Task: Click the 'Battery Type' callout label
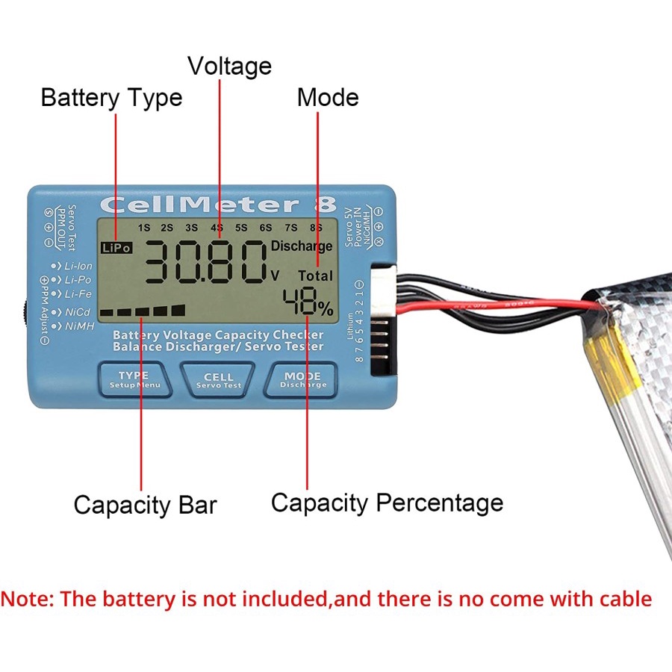(111, 98)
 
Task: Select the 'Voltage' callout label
(229, 66)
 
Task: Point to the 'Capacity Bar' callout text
(145, 505)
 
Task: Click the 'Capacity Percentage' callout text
(387, 503)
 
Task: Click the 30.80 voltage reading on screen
(204, 264)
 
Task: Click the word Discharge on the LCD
(301, 246)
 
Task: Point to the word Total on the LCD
(315, 276)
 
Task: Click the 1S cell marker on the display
(144, 227)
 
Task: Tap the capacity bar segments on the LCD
(143, 311)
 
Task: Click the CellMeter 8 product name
(218, 205)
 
